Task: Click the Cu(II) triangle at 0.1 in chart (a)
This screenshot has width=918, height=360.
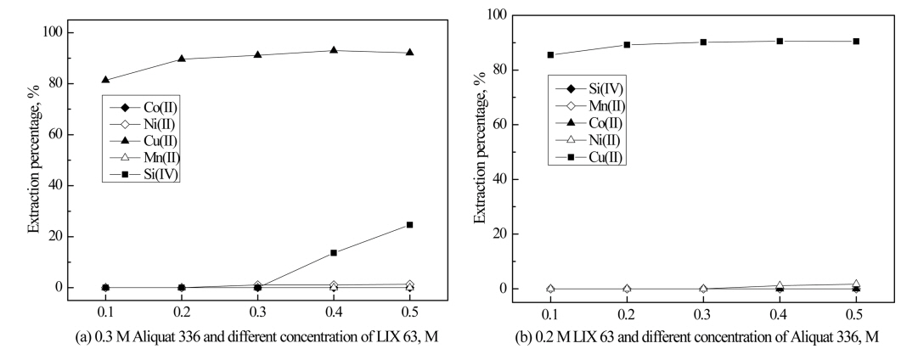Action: coord(105,80)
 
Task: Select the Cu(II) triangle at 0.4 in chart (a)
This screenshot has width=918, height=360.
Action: coord(334,50)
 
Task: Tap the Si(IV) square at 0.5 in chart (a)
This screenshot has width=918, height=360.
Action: coord(409,224)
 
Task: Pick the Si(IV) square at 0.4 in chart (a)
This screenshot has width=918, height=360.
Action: coord(334,252)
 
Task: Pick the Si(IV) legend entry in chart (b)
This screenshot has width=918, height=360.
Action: coord(594,87)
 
